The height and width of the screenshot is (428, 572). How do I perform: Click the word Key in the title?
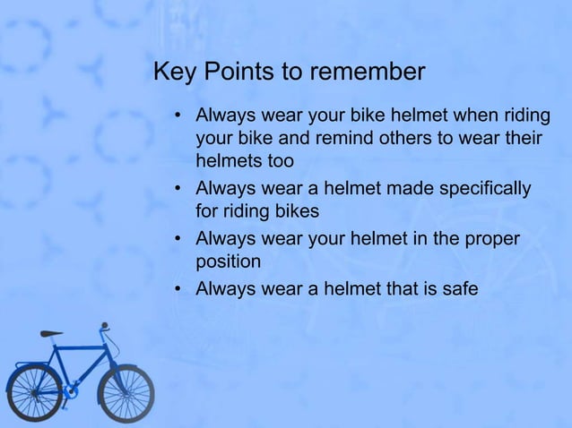pyautogui.click(x=174, y=72)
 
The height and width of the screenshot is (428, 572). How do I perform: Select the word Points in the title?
pyautogui.click(x=238, y=72)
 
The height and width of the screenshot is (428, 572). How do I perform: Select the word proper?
pyautogui.click(x=491, y=240)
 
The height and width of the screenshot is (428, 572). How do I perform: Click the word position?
pyautogui.click(x=228, y=263)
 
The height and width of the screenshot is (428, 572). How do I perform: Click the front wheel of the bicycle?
pyautogui.click(x=126, y=391)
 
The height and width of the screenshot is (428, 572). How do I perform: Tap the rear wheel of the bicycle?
pyautogui.click(x=34, y=391)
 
